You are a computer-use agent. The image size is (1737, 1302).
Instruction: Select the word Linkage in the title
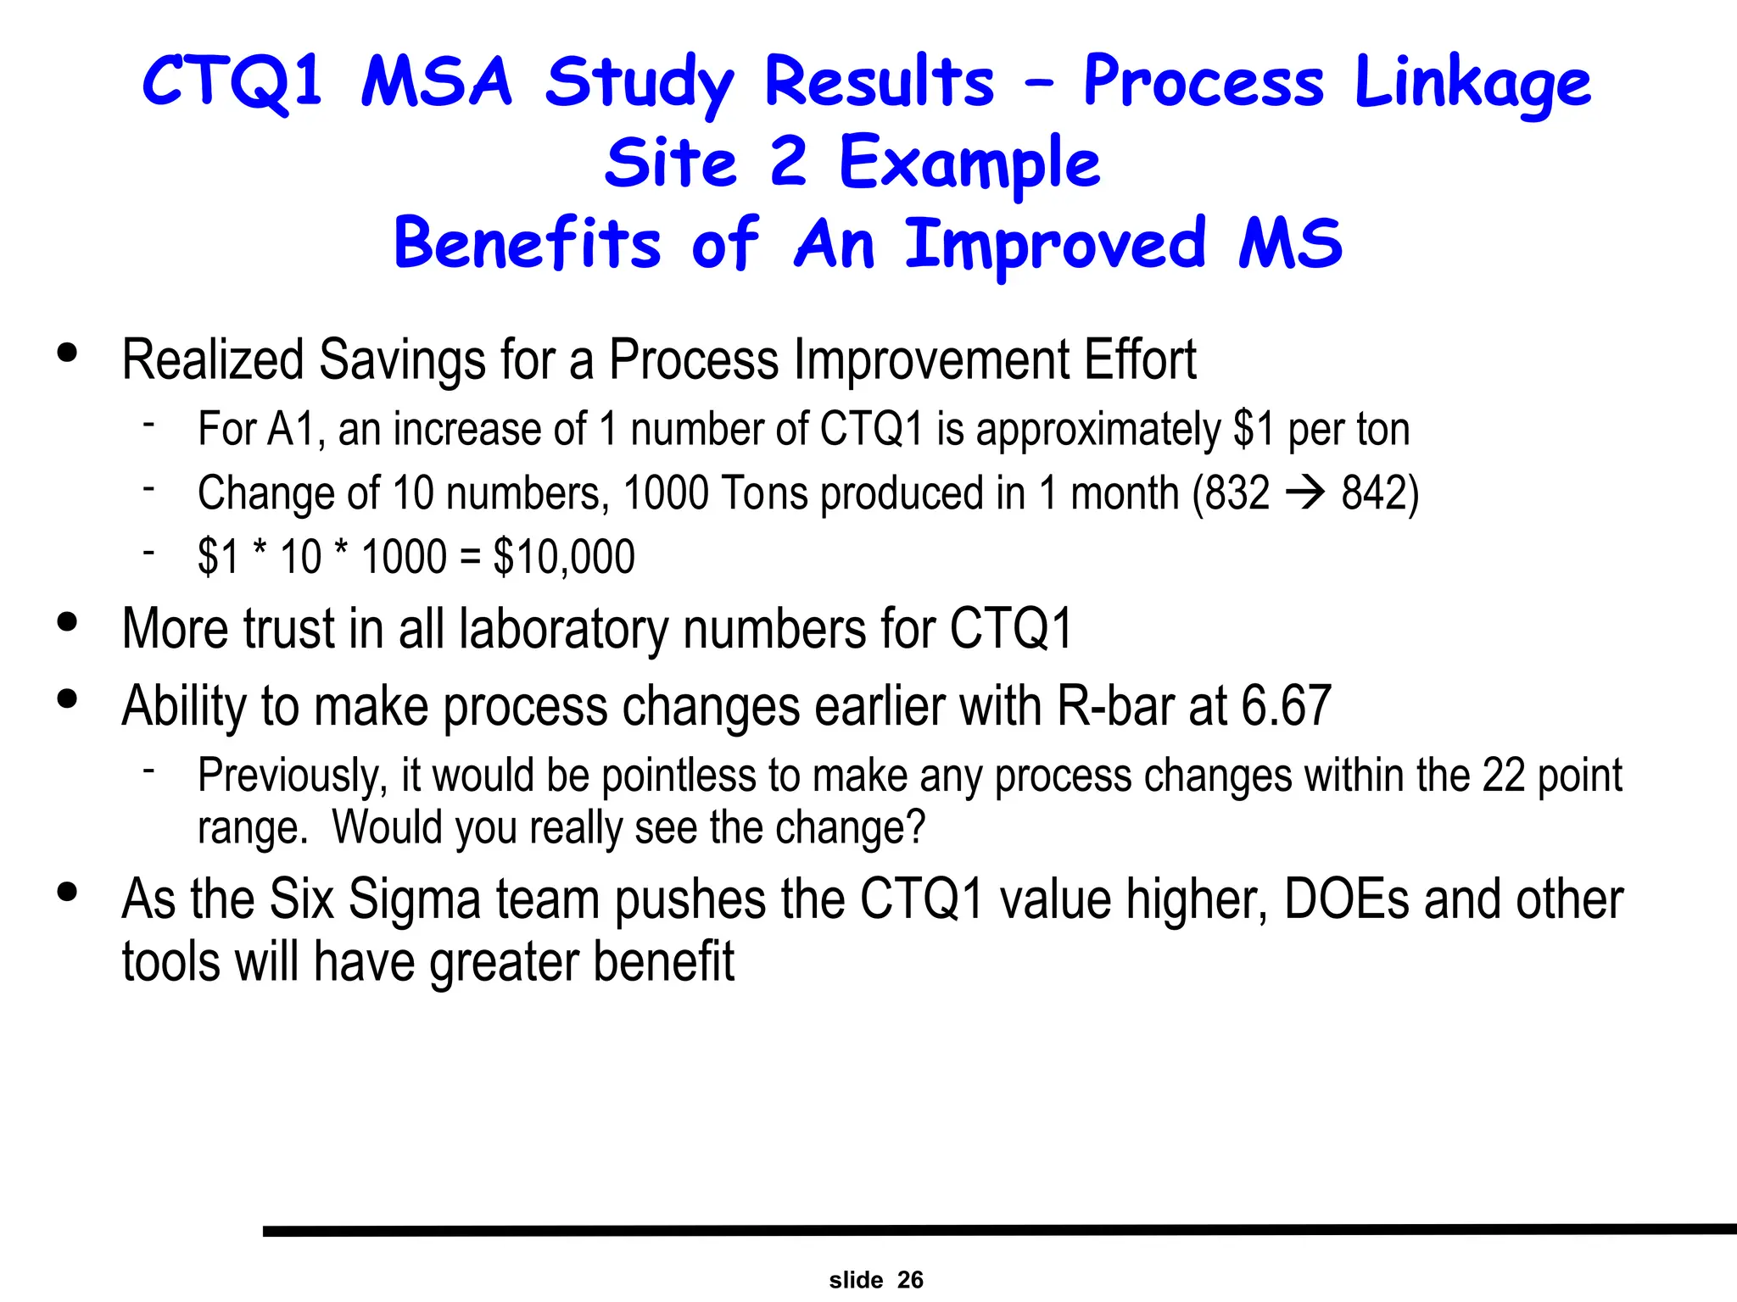click(x=1472, y=83)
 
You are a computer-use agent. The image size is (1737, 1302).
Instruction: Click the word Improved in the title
click(x=1055, y=243)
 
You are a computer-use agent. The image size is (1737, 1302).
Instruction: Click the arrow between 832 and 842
click(x=1305, y=492)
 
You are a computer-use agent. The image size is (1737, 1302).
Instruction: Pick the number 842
click(x=1375, y=492)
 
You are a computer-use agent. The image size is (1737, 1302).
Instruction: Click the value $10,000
click(x=564, y=557)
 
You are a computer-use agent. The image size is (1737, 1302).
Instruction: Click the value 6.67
click(x=1286, y=705)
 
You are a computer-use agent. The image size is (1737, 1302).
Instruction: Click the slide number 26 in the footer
click(x=910, y=1280)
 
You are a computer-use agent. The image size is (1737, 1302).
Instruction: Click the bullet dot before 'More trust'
click(x=67, y=622)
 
